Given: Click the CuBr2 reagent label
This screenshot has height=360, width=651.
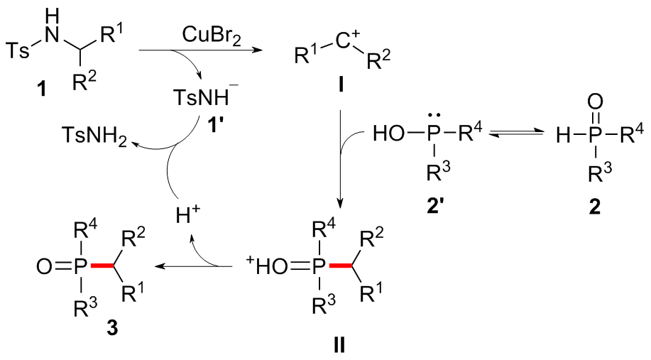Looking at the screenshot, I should [190, 34].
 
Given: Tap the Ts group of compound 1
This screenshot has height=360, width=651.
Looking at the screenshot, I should [19, 50].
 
